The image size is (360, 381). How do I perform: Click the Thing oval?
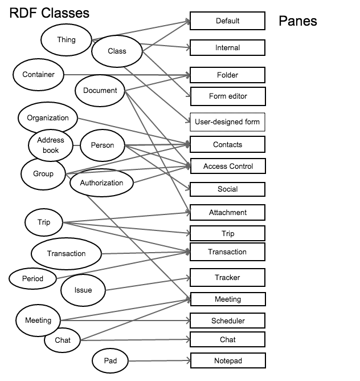(x=66, y=39)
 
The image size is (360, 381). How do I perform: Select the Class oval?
(x=117, y=51)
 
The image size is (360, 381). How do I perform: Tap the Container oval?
(x=39, y=75)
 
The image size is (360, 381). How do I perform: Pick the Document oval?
(x=100, y=91)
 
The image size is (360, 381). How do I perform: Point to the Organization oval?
(x=48, y=119)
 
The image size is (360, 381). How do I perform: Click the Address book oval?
(x=51, y=146)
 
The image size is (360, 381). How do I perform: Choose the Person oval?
(x=103, y=145)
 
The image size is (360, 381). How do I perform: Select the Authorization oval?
(x=101, y=183)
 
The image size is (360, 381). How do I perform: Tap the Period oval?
(x=32, y=279)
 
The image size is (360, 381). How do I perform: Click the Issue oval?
(x=83, y=290)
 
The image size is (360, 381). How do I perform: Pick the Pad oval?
(x=111, y=361)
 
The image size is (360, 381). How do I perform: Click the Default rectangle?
(x=227, y=21)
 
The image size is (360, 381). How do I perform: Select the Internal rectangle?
(x=227, y=48)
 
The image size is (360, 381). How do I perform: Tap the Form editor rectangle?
(x=227, y=96)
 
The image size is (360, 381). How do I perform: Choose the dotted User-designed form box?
(x=227, y=122)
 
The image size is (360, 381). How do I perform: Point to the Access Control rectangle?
(x=227, y=167)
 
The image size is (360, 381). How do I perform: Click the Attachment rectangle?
(x=227, y=213)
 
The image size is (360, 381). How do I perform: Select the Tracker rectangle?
(x=227, y=278)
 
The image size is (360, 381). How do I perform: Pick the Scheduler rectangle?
(x=227, y=321)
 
